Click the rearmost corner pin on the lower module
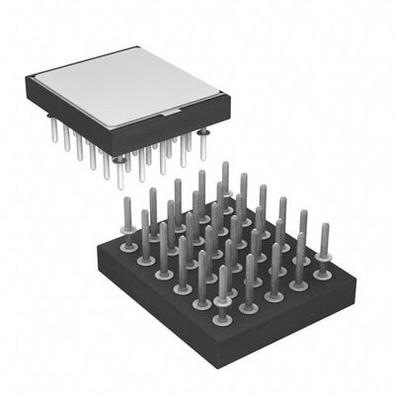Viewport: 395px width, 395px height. tap(225, 178)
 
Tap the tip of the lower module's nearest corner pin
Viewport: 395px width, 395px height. tap(223, 269)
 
